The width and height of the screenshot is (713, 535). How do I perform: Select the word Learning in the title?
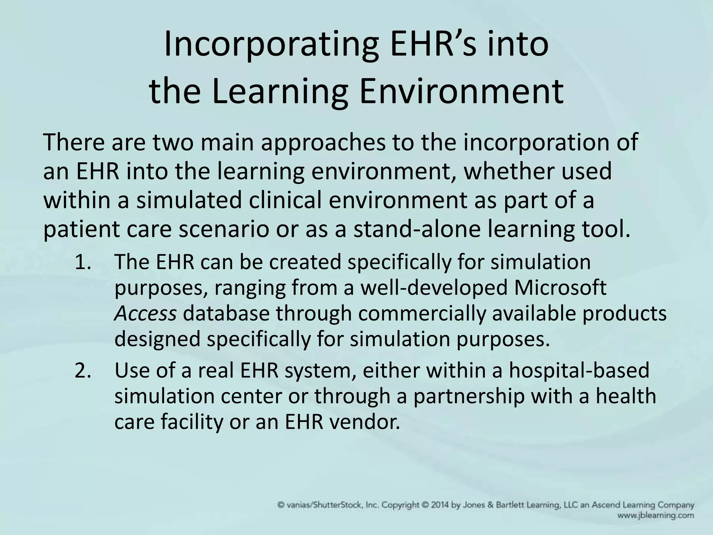[279, 91]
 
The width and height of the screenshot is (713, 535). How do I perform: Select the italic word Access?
[145, 313]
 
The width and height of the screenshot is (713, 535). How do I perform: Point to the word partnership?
[469, 396]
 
